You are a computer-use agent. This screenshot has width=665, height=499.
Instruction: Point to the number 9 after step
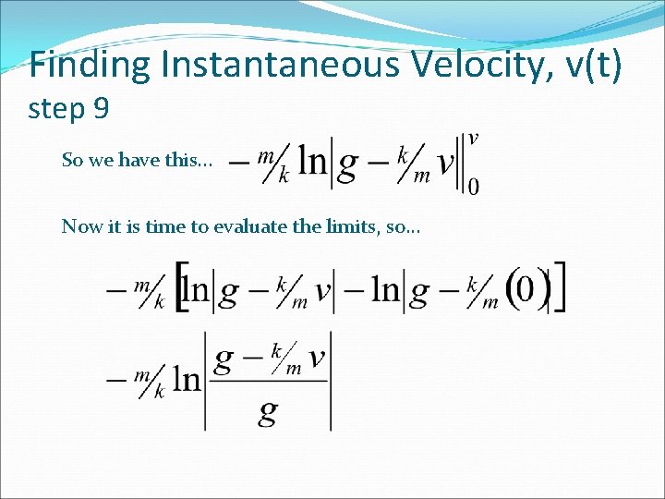pyautogui.click(x=101, y=110)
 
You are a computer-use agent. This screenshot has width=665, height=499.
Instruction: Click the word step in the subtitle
pyautogui.click(x=57, y=110)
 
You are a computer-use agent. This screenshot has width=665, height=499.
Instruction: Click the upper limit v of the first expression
pyautogui.click(x=474, y=139)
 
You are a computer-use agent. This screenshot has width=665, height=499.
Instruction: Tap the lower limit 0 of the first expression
pyautogui.click(x=474, y=187)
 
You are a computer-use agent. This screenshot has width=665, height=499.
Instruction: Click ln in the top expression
pyautogui.click(x=314, y=163)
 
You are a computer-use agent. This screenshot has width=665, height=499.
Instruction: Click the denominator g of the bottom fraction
pyautogui.click(x=268, y=411)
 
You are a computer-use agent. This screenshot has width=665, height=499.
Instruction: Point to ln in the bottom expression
pyautogui.click(x=187, y=381)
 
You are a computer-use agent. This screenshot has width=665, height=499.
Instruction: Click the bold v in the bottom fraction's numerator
pyautogui.click(x=316, y=358)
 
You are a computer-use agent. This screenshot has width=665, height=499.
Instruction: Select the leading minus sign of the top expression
pyautogui.click(x=239, y=164)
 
